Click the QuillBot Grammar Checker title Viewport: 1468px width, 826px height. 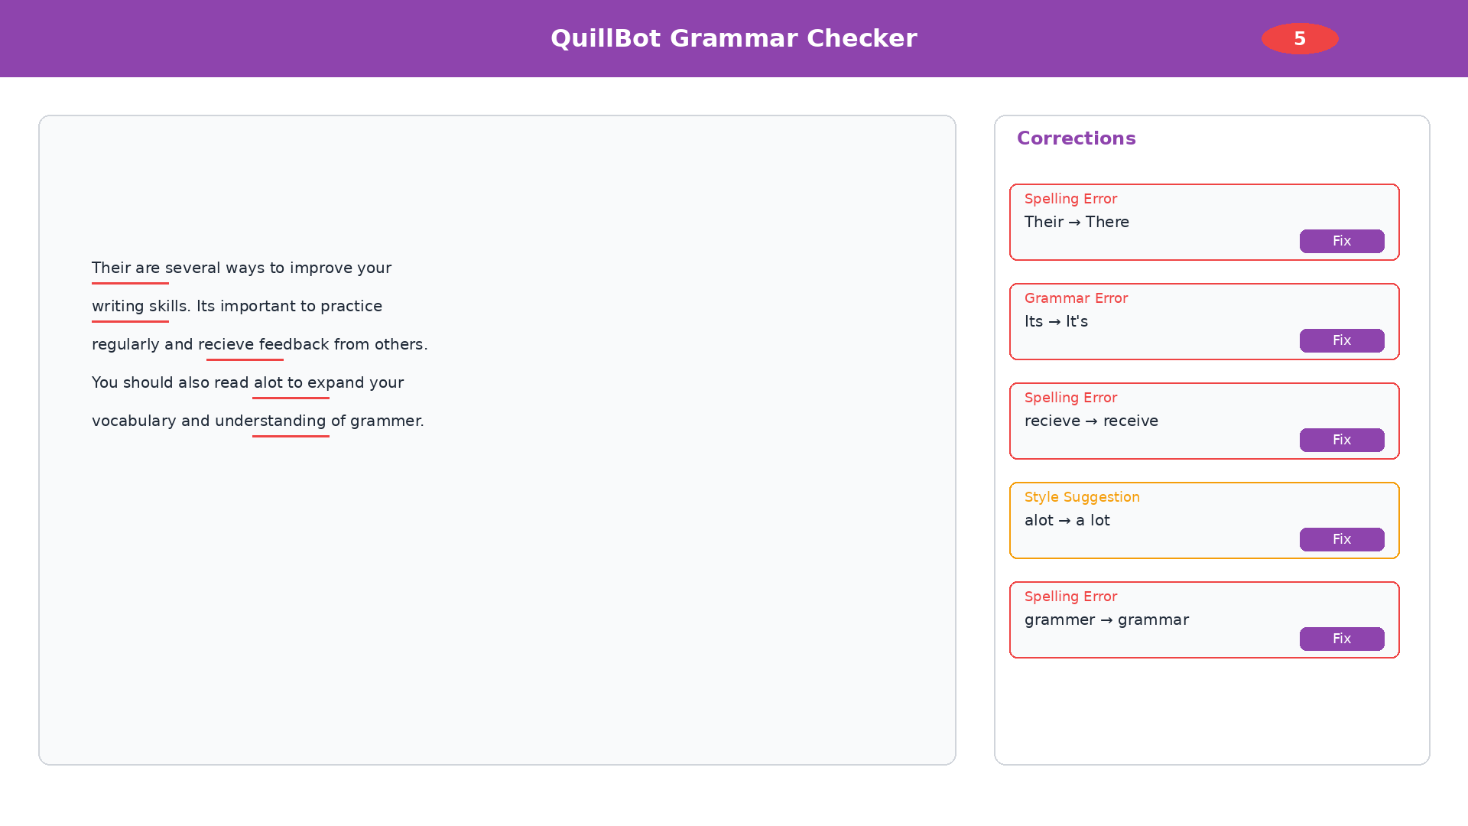pyautogui.click(x=733, y=38)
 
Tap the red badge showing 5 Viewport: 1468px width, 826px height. pyautogui.click(x=1300, y=38)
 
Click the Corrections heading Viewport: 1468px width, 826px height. pyautogui.click(x=1076, y=138)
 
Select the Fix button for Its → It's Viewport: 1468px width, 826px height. pyautogui.click(x=1341, y=340)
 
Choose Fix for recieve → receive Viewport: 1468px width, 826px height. pyautogui.click(x=1341, y=440)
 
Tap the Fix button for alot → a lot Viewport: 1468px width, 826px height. pyautogui.click(x=1341, y=539)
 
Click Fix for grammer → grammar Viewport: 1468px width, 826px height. pyautogui.click(x=1341, y=639)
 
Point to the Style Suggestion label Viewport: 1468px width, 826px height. pyautogui.click(x=1081, y=497)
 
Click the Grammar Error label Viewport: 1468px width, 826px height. pyautogui.click(x=1075, y=298)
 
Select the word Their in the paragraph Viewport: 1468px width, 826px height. pyautogui.click(x=111, y=268)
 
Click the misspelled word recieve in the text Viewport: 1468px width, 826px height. pyautogui.click(x=226, y=345)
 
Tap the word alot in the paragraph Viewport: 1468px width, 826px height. pyautogui.click(x=268, y=383)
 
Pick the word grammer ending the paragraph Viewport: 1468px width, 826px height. pyautogui.click(x=385, y=421)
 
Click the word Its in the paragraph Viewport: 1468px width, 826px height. pyautogui.click(x=206, y=307)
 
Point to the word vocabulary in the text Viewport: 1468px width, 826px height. pyautogui.click(x=134, y=421)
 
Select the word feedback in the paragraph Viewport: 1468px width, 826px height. pyautogui.click(x=294, y=345)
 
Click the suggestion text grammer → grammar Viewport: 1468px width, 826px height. pyautogui.click(x=1106, y=620)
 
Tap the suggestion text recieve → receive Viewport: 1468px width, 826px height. pyautogui.click(x=1090, y=421)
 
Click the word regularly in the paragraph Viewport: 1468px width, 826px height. pyautogui.click(x=125, y=345)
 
